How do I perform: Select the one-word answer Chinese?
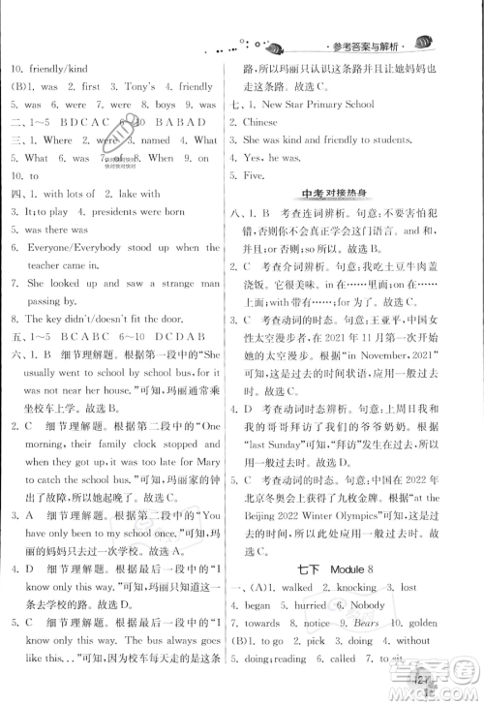click(257, 123)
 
